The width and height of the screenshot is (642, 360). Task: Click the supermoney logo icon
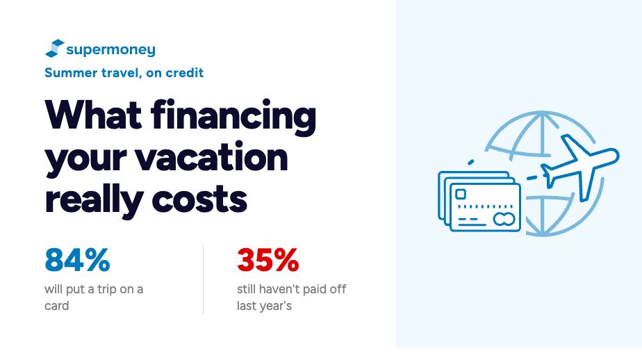[x=55, y=49]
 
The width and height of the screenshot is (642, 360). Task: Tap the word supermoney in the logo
[x=111, y=50]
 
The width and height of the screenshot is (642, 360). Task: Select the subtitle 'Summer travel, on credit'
[x=124, y=73]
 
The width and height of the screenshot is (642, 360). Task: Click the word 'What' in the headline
[x=93, y=115]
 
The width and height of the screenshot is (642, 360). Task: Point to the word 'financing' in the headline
[x=233, y=117]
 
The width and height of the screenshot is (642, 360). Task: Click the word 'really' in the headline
[x=94, y=201]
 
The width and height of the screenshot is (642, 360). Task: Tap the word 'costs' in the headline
[x=199, y=200]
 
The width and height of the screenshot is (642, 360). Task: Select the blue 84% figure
[x=77, y=260]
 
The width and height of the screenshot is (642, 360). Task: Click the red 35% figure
[x=268, y=260]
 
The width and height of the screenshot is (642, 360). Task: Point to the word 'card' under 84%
[x=56, y=306]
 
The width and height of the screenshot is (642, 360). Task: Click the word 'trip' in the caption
[x=107, y=290]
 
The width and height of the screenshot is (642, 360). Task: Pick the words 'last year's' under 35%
[x=265, y=306]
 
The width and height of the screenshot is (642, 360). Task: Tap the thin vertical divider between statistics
[x=203, y=279]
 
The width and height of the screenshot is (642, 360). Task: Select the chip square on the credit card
[x=461, y=194]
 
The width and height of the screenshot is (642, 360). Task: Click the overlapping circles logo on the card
[x=504, y=220]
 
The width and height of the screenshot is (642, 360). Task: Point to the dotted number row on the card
[x=485, y=207]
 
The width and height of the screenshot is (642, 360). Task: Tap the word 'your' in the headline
[x=86, y=160]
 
